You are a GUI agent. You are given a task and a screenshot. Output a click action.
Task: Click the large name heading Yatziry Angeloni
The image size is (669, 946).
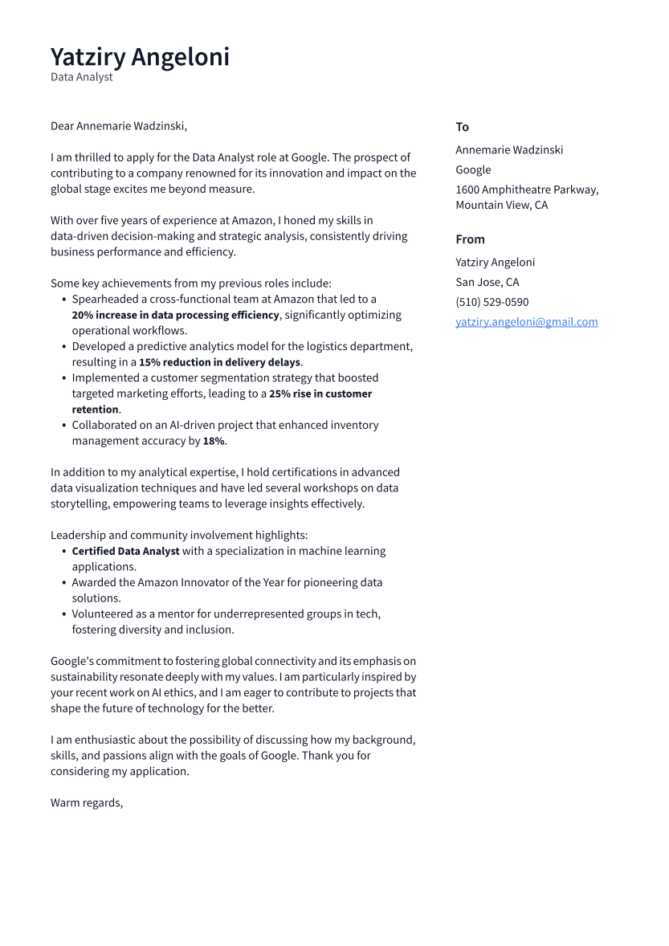tap(140, 57)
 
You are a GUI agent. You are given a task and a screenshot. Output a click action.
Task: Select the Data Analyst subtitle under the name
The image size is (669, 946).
tap(82, 77)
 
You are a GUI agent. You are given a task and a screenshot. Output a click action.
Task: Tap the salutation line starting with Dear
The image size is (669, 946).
tap(118, 126)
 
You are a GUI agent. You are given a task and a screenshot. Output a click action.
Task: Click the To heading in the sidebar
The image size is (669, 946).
tap(462, 127)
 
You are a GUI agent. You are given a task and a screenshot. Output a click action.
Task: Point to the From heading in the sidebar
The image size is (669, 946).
tap(470, 239)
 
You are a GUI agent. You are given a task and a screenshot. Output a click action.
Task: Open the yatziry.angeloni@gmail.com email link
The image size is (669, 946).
tap(526, 322)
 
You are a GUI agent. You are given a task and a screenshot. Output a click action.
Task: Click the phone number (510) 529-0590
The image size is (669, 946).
tap(492, 302)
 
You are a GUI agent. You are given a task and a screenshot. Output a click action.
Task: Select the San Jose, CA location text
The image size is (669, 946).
tap(487, 282)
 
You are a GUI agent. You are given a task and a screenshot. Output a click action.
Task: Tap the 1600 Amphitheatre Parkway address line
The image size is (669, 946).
tap(527, 190)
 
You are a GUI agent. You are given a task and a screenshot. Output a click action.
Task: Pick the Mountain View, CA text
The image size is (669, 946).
tap(501, 205)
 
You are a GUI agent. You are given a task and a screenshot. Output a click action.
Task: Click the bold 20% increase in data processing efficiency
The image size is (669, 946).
tap(175, 315)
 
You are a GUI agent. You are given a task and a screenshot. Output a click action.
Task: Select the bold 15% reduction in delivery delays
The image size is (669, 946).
tap(220, 362)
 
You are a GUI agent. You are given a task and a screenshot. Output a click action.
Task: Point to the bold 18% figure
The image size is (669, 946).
tap(214, 441)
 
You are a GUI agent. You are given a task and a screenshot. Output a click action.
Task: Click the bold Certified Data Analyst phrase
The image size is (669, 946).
tap(125, 551)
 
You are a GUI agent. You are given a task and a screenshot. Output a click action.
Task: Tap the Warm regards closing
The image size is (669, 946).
tap(87, 802)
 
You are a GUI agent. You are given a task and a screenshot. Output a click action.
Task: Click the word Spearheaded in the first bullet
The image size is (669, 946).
tap(108, 299)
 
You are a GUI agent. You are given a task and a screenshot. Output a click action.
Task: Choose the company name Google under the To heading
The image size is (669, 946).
tap(473, 169)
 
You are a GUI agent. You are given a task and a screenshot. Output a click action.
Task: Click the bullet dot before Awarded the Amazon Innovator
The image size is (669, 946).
tap(63, 583)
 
